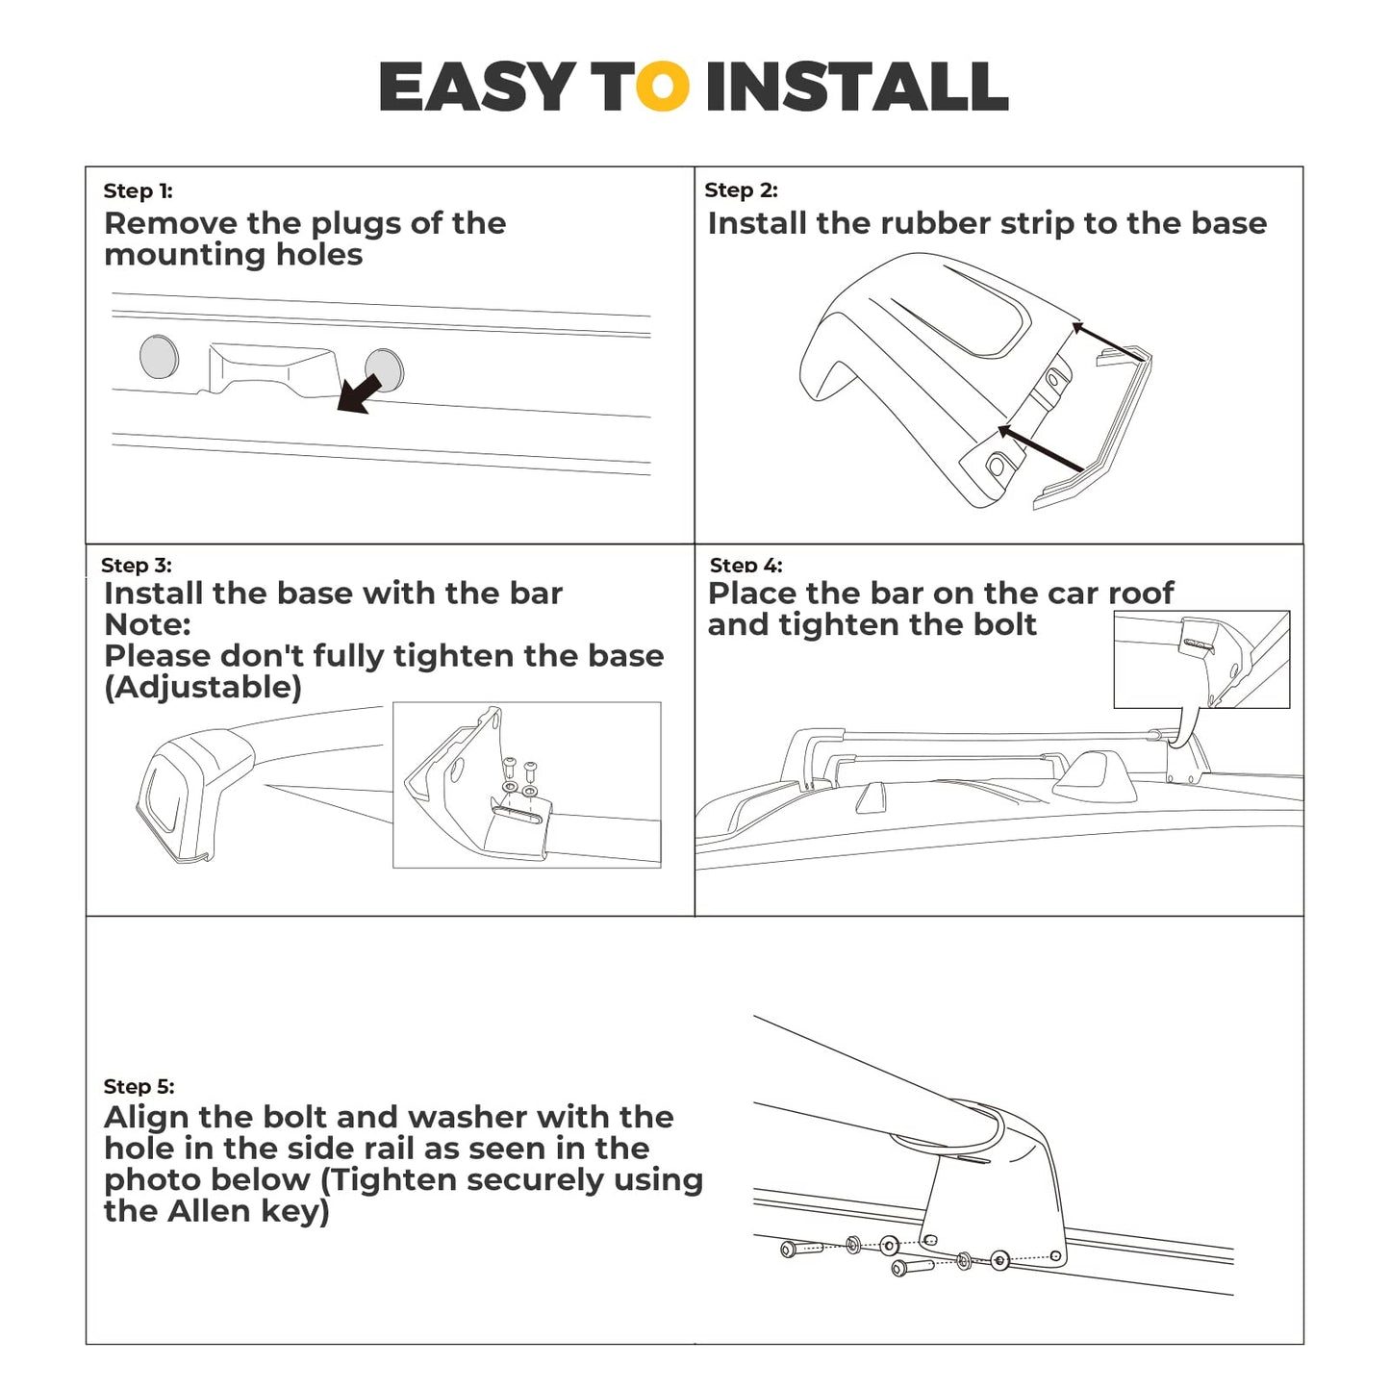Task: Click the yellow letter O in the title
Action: click(x=664, y=87)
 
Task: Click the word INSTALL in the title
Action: click(x=857, y=87)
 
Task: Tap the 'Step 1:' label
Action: click(x=138, y=191)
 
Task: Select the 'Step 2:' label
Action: click(x=741, y=190)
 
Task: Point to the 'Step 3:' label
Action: click(x=137, y=565)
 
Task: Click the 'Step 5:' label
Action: click(x=139, y=1086)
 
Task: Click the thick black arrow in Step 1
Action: click(x=359, y=393)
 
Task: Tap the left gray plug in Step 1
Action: click(x=159, y=356)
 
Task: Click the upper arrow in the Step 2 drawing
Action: click(x=1107, y=341)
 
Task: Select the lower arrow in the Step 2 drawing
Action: click(x=1040, y=448)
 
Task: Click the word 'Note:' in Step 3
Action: click(x=147, y=624)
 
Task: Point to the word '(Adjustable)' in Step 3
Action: click(x=203, y=688)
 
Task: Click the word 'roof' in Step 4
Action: click(x=1141, y=594)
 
